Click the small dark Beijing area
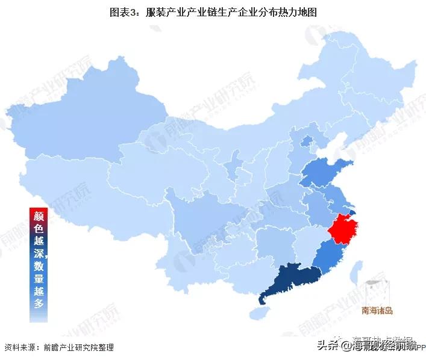307,142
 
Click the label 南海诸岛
377,311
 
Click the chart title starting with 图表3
213,13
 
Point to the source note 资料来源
58,347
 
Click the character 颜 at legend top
39,214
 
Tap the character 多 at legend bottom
39,303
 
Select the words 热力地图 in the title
299,13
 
